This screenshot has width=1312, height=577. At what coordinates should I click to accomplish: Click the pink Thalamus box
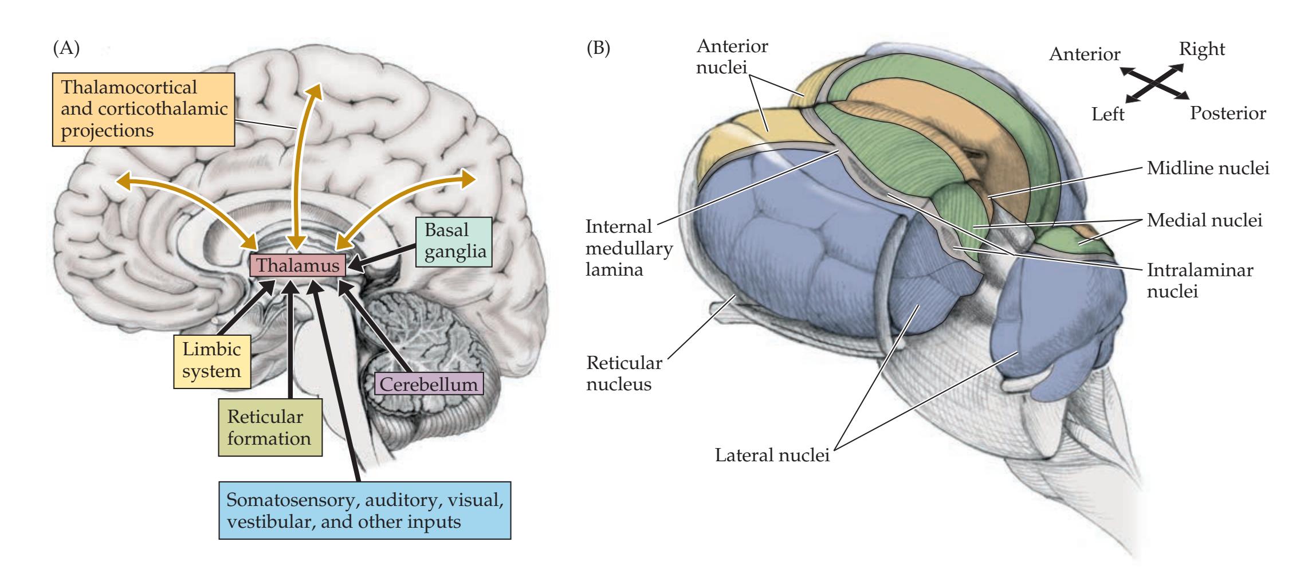coord(297,266)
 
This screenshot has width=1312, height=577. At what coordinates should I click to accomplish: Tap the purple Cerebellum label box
coord(429,383)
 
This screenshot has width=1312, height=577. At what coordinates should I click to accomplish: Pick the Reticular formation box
coord(269,427)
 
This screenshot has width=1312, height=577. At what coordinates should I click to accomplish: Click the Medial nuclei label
coord(1205,221)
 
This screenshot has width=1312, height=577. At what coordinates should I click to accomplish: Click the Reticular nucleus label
coord(623,373)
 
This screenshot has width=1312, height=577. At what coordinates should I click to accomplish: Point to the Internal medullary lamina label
coord(628,248)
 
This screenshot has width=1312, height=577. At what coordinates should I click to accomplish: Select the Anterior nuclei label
coord(732,57)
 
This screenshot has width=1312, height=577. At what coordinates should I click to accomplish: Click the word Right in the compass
coord(1201,50)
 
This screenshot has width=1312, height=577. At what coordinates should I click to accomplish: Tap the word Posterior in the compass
coord(1228,113)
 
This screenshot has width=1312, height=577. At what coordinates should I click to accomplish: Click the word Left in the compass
coord(1108,115)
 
